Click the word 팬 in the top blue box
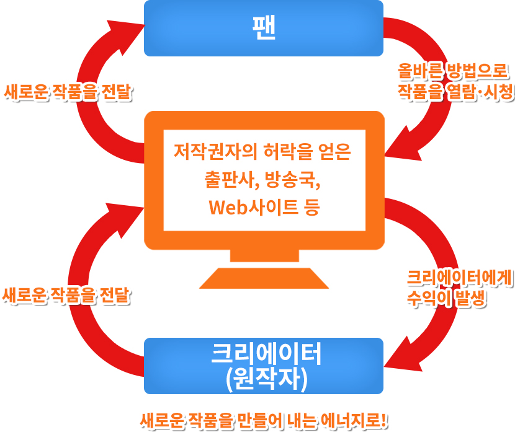point(264,27)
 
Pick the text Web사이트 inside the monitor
point(252,206)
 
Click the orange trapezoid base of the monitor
point(264,278)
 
